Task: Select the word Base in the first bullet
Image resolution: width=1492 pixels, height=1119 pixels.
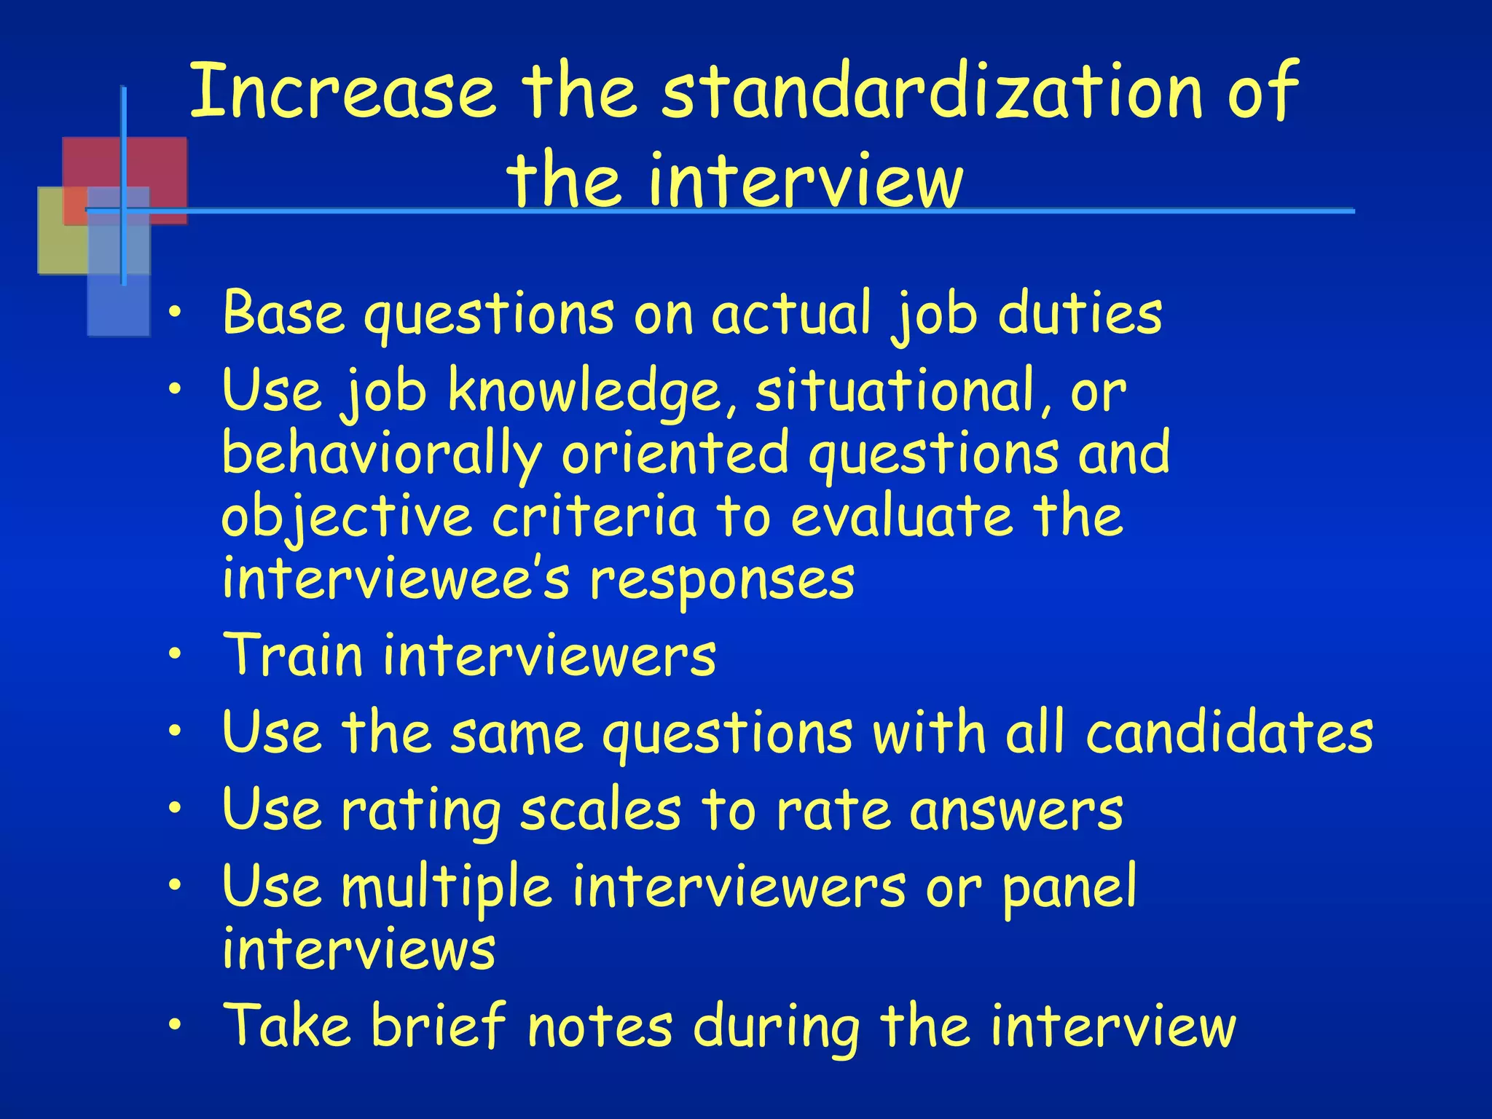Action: coord(283,313)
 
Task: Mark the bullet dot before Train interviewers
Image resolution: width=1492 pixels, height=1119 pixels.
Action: coord(174,654)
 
